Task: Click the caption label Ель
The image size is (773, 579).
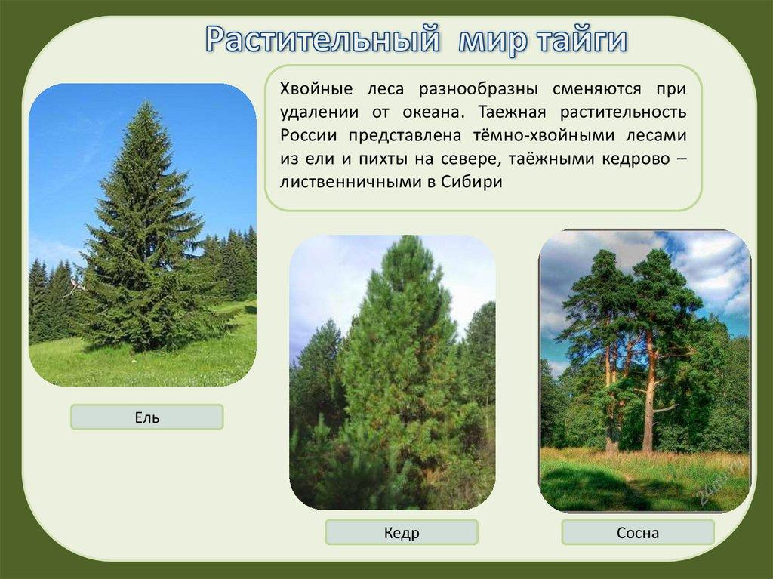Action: pos(147,417)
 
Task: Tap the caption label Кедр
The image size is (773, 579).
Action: pos(402,533)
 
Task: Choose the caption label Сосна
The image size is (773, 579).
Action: pos(637,533)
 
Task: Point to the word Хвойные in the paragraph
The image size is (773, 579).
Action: pos(316,89)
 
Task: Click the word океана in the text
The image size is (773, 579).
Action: pos(434,112)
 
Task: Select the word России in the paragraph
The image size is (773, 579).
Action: pos(309,136)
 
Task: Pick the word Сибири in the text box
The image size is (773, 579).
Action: pos(471,182)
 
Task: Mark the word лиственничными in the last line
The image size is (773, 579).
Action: pos(350,182)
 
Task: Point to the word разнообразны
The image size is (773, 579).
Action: pos(478,90)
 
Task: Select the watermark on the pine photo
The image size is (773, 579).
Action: pos(719,482)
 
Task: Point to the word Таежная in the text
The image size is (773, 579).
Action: pos(512,112)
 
